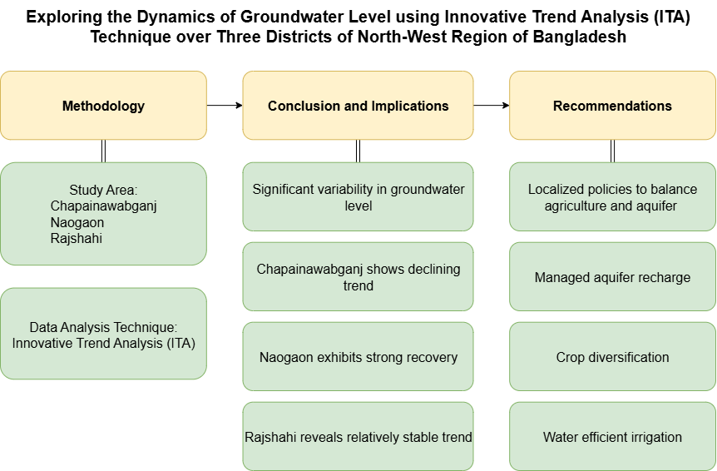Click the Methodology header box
tap(103, 105)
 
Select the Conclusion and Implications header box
tap(358, 105)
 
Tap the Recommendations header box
tap(612, 105)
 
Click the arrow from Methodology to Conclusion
tap(225, 105)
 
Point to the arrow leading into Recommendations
tap(491, 105)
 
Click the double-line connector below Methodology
tap(103, 151)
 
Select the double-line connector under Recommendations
tap(612, 151)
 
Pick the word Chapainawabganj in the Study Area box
tap(103, 206)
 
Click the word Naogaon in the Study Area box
tap(77, 223)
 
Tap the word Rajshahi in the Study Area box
tap(77, 238)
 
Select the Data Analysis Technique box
tap(103, 334)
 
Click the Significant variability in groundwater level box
tap(358, 196)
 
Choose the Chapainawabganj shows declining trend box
tap(358, 276)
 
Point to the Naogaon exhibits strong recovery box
tap(358, 357)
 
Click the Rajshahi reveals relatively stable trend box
tap(358, 436)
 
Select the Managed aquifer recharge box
tap(612, 276)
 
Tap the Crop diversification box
tap(612, 357)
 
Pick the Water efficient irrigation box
tap(612, 436)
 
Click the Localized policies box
tap(612, 196)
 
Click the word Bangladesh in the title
tap(580, 37)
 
